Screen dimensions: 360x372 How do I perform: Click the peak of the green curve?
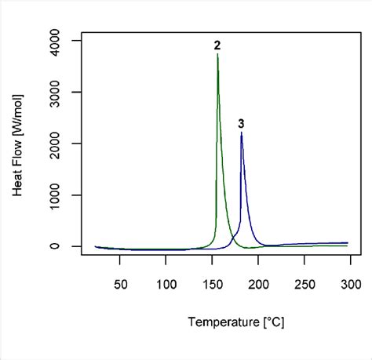click(217, 54)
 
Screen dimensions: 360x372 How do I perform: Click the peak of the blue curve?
click(242, 133)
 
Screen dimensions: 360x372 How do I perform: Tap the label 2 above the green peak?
click(217, 46)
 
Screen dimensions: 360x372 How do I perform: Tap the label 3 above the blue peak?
click(241, 123)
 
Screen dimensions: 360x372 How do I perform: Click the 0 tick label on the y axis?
click(67, 246)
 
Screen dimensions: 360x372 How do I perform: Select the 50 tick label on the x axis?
click(120, 283)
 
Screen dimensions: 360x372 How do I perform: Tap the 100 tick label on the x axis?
click(166, 283)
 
